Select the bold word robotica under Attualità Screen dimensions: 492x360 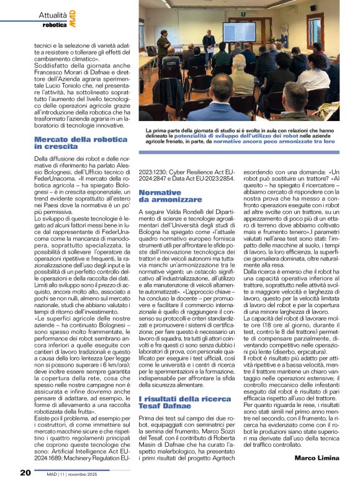[55, 25]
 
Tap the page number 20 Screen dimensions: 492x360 [25, 472]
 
